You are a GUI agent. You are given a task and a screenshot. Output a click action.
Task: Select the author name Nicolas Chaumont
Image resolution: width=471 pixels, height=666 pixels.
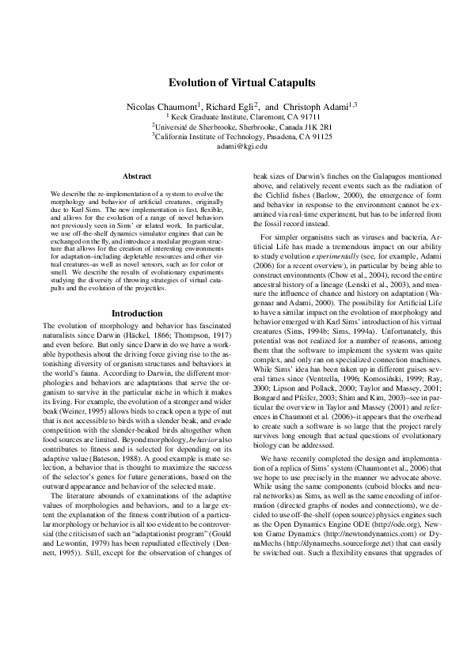[161, 106]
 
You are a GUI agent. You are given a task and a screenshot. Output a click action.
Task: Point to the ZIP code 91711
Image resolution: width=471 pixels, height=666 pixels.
[311, 115]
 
